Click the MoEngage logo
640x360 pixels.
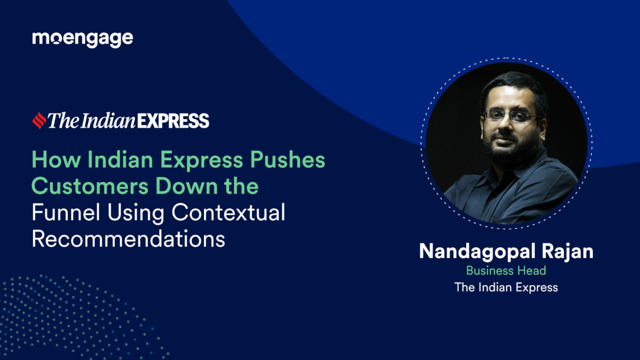82,39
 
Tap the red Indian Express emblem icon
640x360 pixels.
39,121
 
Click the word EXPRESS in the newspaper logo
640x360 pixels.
173,121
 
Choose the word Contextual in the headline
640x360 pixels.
228,212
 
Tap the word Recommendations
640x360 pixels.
128,238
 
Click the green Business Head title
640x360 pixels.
506,270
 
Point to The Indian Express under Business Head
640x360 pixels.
506,287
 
